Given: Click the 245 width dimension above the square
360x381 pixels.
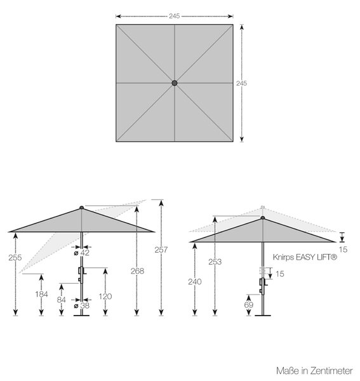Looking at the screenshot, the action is click(175, 16).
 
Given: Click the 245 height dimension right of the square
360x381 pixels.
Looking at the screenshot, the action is click(241, 83).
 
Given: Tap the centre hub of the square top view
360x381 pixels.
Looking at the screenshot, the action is click(175, 83).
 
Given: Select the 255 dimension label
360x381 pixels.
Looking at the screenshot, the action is click(15, 258).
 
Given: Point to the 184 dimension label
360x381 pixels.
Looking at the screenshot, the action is click(41, 294).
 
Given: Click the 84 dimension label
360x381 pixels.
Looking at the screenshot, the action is click(61, 300).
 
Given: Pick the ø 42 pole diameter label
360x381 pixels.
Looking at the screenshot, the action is click(82, 253).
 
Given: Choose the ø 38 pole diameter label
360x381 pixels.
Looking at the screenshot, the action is click(82, 305).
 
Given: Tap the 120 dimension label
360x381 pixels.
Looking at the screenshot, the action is click(105, 297).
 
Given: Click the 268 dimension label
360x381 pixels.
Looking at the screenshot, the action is click(138, 271).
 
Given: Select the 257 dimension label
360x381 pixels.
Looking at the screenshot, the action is click(161, 250).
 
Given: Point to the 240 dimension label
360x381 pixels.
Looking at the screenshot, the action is click(194, 282).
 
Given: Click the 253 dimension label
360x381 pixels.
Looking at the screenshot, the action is click(215, 262).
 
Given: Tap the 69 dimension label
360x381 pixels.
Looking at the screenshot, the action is click(248, 305).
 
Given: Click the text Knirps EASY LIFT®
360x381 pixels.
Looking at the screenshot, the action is click(305, 257).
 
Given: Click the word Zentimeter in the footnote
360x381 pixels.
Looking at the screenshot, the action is click(331, 371).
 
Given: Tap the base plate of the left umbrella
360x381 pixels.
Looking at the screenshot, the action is click(82, 316).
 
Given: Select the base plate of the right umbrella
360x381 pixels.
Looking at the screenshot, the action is click(263, 316).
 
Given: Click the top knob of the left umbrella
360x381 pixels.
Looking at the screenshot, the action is click(82, 208).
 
